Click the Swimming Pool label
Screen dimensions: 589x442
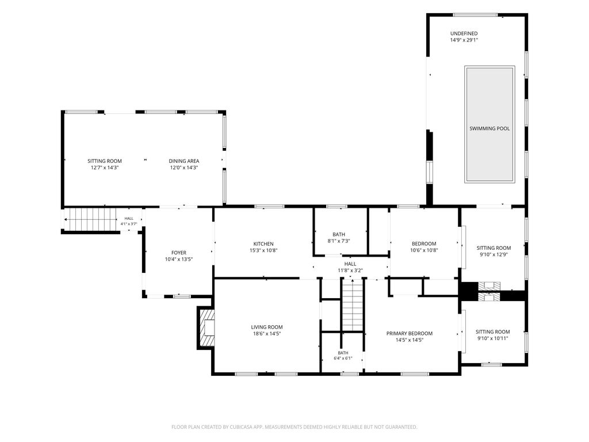[489, 128]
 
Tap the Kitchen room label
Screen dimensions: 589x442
[263, 244]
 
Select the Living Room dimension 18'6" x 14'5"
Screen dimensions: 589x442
[267, 333]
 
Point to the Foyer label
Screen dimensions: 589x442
[179, 253]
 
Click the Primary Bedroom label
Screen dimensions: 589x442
[410, 333]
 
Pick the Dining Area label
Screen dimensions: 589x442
[183, 161]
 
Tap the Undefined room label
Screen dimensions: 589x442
[464, 33]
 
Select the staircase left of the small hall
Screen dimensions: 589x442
[90, 219]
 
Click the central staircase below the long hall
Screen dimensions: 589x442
[353, 305]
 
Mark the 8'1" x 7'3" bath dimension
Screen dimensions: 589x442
[339, 241]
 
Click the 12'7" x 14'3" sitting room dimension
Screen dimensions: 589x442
[105, 167]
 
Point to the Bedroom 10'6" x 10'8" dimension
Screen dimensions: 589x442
[424, 250]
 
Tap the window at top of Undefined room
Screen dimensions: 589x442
[475, 14]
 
